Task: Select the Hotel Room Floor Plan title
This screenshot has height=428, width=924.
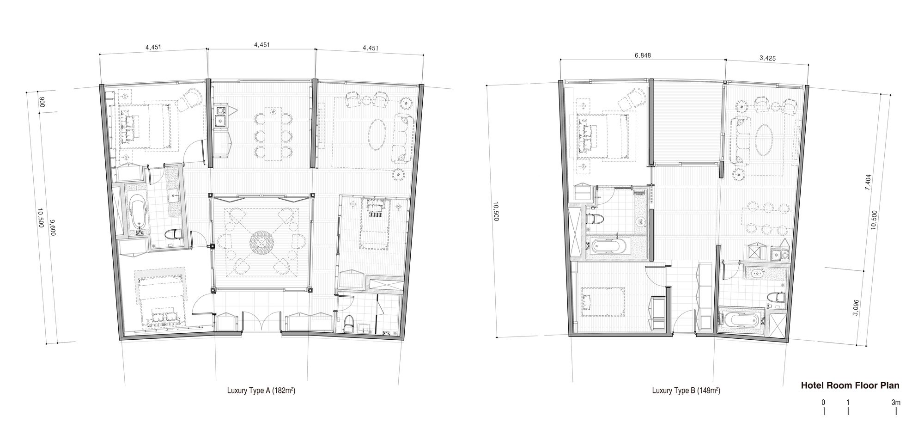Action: pyautogui.click(x=850, y=385)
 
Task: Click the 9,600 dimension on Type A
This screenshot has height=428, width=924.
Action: pyautogui.click(x=52, y=228)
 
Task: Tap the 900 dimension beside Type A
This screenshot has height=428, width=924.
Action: pyautogui.click(x=41, y=103)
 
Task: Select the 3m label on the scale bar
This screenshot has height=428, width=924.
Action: pyautogui.click(x=896, y=403)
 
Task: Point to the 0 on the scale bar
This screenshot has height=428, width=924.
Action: pyautogui.click(x=823, y=403)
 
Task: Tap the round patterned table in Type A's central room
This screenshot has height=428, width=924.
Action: pyautogui.click(x=261, y=242)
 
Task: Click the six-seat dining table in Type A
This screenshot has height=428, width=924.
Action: pyautogui.click(x=274, y=134)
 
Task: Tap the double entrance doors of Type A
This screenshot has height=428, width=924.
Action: pyautogui.click(x=260, y=322)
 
